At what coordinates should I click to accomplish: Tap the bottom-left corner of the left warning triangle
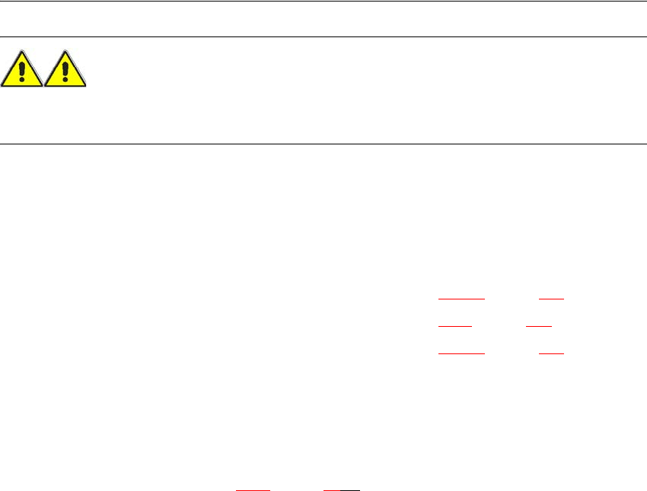[x=2, y=84]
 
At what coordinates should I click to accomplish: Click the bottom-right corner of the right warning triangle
[x=86, y=84]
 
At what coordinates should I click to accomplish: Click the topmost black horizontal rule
[x=323, y=1]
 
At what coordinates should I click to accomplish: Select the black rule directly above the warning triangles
[x=323, y=36]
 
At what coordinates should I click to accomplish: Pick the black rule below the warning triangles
[x=323, y=144]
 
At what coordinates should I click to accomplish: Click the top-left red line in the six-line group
[x=461, y=299]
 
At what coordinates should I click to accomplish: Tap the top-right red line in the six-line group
[x=551, y=299]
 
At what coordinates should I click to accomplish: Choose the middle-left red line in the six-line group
[x=455, y=326]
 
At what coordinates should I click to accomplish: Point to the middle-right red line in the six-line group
[x=539, y=326]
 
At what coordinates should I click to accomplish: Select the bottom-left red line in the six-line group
[x=461, y=353]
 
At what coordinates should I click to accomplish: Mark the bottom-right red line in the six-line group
[x=551, y=353]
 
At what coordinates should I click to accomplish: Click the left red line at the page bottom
[x=253, y=490]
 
